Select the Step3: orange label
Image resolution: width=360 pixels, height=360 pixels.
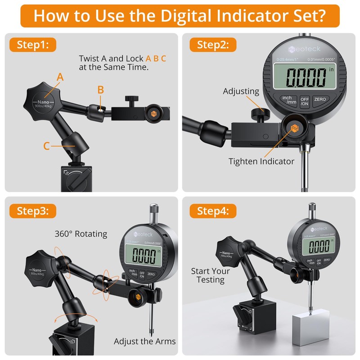point(36,211)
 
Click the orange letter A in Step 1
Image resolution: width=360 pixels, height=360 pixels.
point(60,77)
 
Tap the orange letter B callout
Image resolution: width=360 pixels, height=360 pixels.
point(101,89)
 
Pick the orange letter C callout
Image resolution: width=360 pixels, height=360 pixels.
point(47,146)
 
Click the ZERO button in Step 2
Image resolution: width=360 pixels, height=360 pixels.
point(320,99)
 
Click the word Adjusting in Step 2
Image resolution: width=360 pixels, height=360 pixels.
point(241,91)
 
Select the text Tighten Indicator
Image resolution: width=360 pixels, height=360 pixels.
point(261,161)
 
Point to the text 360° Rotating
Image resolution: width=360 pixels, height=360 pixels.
point(81,234)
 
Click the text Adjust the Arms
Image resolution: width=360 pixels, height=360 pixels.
point(144,341)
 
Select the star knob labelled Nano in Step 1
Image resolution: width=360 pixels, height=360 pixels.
point(44,99)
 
